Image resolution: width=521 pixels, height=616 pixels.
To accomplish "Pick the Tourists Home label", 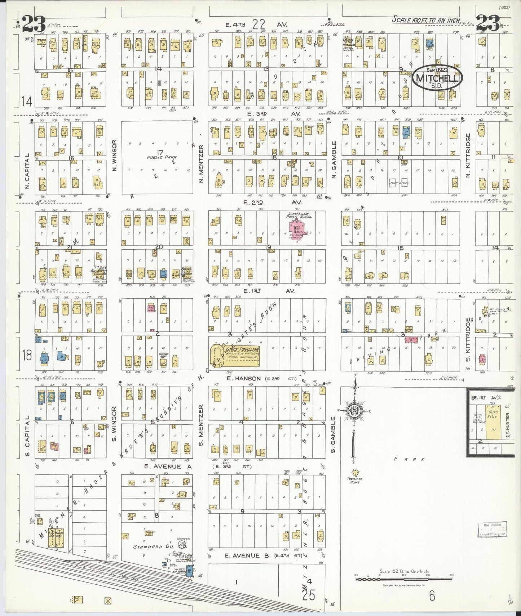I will [x=355, y=480].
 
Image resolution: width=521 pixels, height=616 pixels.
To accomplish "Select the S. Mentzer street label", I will [x=201, y=425].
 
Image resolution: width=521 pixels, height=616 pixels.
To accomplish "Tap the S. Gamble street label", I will [x=333, y=434].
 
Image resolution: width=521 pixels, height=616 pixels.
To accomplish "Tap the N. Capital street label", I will [x=27, y=171].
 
